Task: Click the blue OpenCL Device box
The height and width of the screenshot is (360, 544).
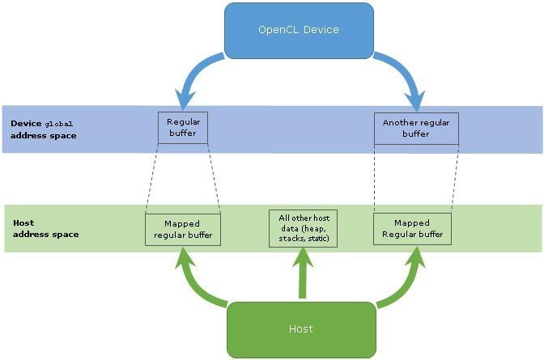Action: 299,30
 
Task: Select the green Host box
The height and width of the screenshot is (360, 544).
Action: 300,328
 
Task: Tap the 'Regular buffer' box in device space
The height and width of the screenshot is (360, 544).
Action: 183,128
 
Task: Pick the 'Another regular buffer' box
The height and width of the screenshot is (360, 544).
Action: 416,129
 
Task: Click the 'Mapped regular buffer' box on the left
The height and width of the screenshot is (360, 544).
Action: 182,230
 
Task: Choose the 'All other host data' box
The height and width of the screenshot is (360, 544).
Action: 304,229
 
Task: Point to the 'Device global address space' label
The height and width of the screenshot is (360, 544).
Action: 44,129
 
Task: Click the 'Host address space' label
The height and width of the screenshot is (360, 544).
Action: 46,228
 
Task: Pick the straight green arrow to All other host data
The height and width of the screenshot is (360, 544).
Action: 304,275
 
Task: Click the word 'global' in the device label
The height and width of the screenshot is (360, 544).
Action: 58,124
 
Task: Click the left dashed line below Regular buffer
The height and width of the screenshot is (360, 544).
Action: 151,179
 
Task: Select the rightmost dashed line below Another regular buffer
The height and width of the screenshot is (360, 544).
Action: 455,179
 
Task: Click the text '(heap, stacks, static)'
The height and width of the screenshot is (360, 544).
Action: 304,235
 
